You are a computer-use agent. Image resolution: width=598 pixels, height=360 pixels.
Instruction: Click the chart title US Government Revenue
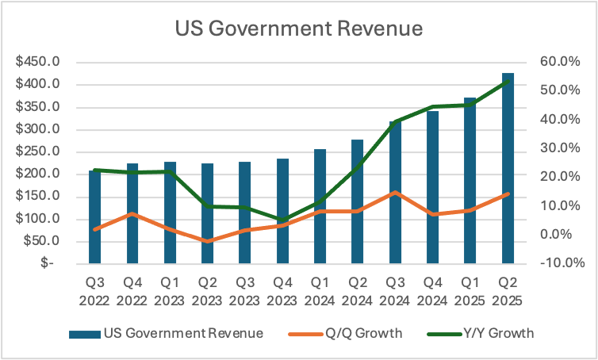pos(299,29)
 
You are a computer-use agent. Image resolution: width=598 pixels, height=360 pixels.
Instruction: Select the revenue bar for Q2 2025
pos(508,168)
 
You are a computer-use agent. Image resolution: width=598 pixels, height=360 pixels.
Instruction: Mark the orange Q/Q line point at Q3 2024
pos(396,193)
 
